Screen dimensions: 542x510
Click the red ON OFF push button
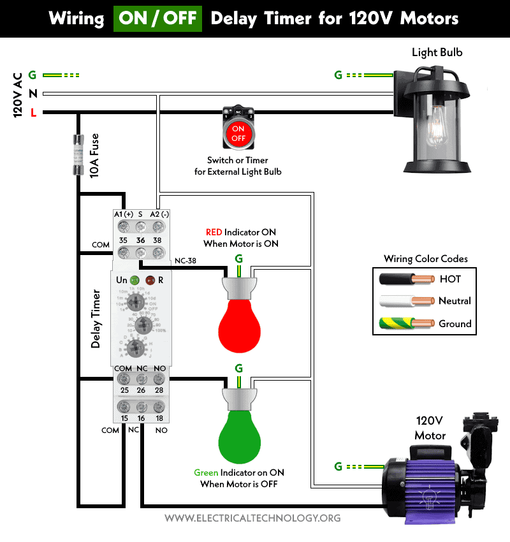tap(238, 133)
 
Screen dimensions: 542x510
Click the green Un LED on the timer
tap(134, 280)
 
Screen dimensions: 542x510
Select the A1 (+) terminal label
tap(123, 214)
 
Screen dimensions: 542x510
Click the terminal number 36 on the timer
tap(140, 240)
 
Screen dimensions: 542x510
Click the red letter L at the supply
tap(34, 114)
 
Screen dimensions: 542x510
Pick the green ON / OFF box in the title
tap(157, 18)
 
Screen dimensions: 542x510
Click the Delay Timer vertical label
tap(96, 319)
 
